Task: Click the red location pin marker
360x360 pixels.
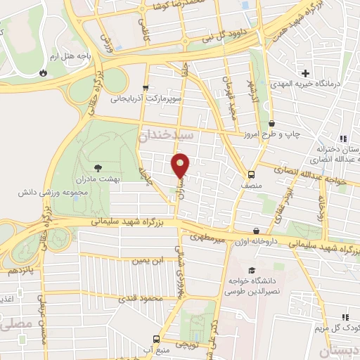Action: [x=181, y=165]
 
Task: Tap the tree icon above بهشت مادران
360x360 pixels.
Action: [x=98, y=167]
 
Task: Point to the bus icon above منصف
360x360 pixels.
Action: [x=251, y=174]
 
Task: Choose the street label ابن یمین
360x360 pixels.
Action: [x=148, y=260]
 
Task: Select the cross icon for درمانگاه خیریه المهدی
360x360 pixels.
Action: [x=306, y=73]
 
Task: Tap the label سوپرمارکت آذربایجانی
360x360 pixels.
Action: [x=146, y=99]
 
